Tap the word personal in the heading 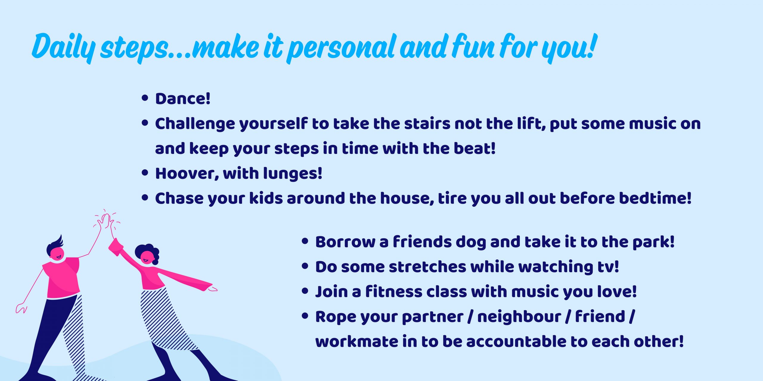[x=342, y=48]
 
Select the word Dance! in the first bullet [x=183, y=99]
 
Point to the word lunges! [x=293, y=174]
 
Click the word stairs [x=427, y=124]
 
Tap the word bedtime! [x=655, y=198]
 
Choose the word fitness [x=394, y=291]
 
